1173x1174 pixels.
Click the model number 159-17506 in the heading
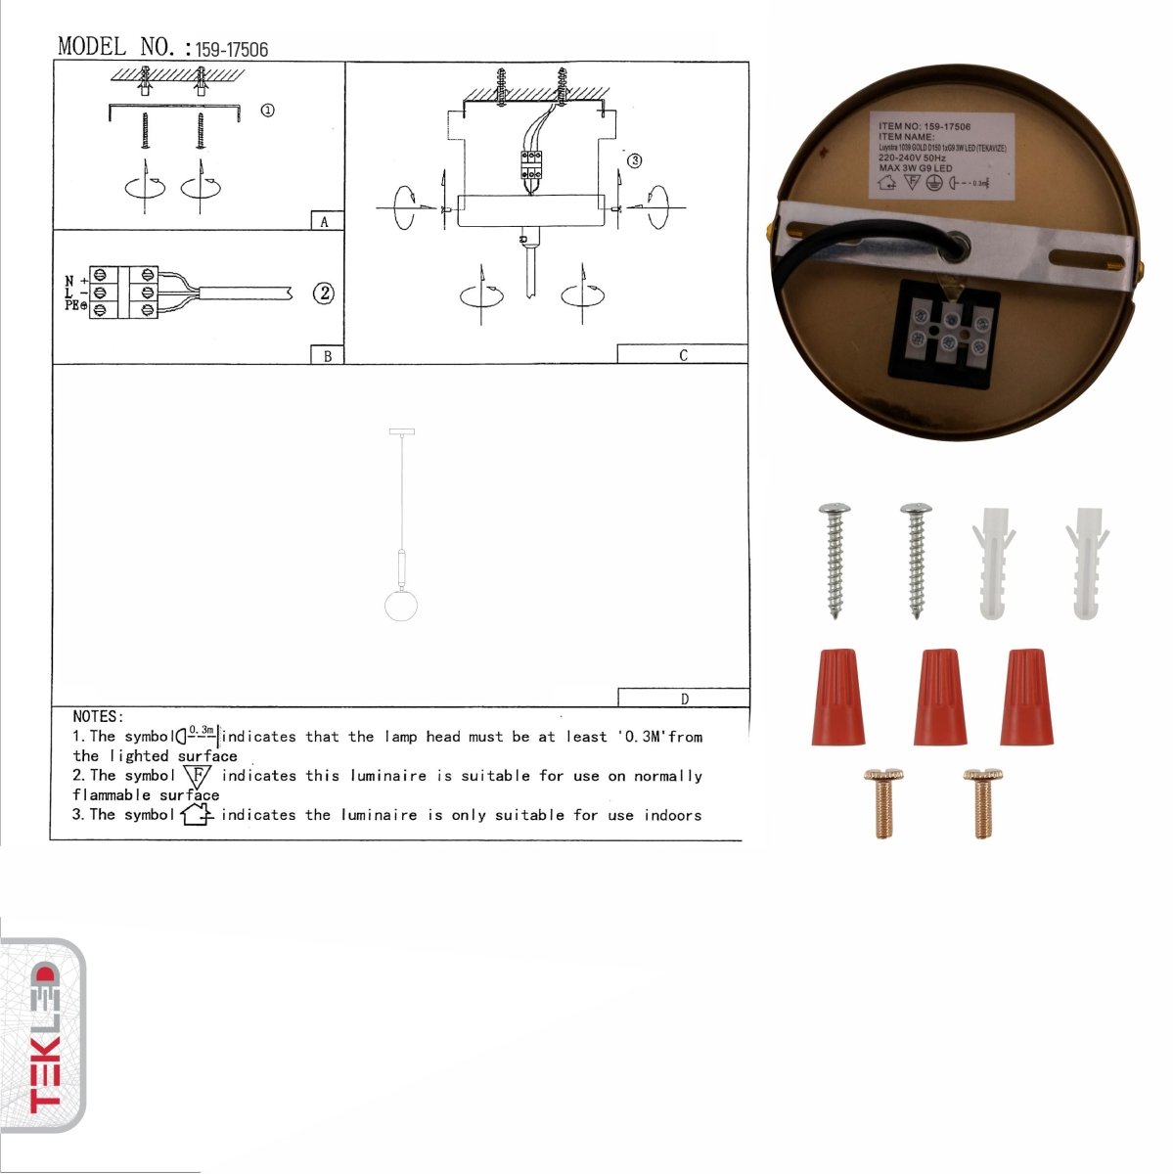coord(232,49)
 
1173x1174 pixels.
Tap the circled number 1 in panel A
coord(267,111)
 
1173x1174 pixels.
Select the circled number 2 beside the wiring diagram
coord(323,293)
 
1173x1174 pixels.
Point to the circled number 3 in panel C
coord(634,160)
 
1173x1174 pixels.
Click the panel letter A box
coord(325,221)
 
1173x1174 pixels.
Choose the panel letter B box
coord(327,355)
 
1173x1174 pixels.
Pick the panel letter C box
coord(682,354)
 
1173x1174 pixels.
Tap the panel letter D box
coord(684,698)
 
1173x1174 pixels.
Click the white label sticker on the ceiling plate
coord(941,157)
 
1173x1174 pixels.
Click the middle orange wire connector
coord(940,696)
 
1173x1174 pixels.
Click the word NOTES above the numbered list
coord(98,717)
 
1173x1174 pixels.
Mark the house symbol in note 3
coord(197,814)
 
